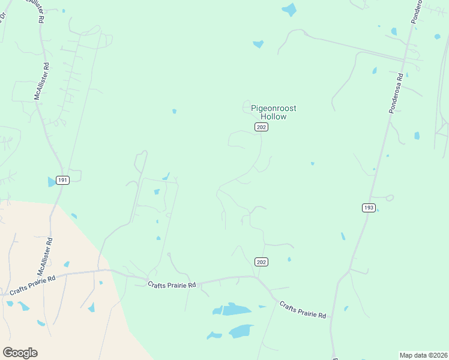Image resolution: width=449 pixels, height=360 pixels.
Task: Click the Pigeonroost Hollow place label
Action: (x=273, y=112)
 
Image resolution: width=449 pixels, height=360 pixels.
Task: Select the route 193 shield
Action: (x=369, y=208)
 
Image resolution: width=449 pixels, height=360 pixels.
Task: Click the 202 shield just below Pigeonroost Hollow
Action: (x=261, y=127)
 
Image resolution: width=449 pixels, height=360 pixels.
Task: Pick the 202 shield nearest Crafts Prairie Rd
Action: (x=261, y=262)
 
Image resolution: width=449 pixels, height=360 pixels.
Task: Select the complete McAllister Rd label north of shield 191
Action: (x=41, y=80)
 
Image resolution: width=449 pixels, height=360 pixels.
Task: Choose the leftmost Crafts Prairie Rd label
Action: (x=32, y=286)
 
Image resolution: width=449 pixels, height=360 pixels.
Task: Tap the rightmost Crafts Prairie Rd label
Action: (x=303, y=310)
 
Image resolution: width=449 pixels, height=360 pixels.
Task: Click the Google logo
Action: (x=20, y=353)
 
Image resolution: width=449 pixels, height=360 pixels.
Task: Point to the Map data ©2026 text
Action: (x=423, y=355)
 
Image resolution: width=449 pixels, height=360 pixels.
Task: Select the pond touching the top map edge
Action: (x=289, y=9)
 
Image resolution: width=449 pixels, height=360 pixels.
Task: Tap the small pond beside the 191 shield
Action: (x=51, y=182)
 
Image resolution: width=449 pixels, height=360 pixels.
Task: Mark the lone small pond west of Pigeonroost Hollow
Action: (x=174, y=111)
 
